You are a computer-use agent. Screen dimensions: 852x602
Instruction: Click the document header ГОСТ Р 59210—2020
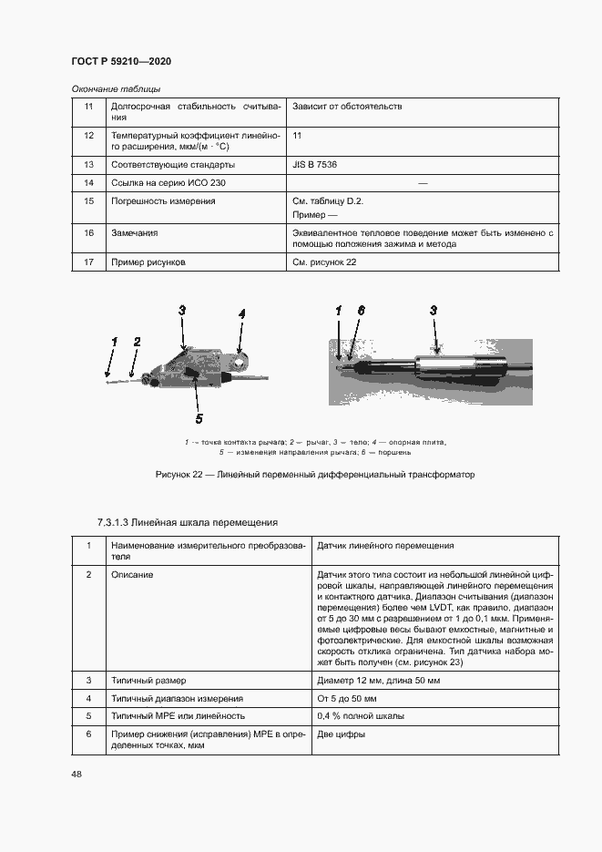120,61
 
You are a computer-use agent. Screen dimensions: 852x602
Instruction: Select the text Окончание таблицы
116,89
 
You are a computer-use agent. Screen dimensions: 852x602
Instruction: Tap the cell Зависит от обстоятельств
346,107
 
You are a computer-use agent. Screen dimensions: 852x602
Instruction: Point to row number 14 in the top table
88,183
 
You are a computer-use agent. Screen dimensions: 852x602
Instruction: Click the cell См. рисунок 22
323,262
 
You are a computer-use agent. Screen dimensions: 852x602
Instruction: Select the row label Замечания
134,233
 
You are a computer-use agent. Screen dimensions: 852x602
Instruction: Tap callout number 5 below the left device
199,418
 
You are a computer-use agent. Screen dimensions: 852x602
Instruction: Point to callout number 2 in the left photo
137,342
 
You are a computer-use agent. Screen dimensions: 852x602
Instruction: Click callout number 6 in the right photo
361,312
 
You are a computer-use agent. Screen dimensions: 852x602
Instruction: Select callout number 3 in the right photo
434,312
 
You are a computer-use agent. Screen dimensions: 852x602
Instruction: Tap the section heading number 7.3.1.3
113,522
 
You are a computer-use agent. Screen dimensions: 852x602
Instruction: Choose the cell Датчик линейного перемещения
385,546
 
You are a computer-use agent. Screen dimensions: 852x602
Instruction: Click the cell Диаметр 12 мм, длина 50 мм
379,681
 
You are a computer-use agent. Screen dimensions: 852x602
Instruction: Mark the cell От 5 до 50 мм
348,698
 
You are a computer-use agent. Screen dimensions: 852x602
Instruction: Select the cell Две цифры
342,734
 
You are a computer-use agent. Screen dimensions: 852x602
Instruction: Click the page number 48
77,774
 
